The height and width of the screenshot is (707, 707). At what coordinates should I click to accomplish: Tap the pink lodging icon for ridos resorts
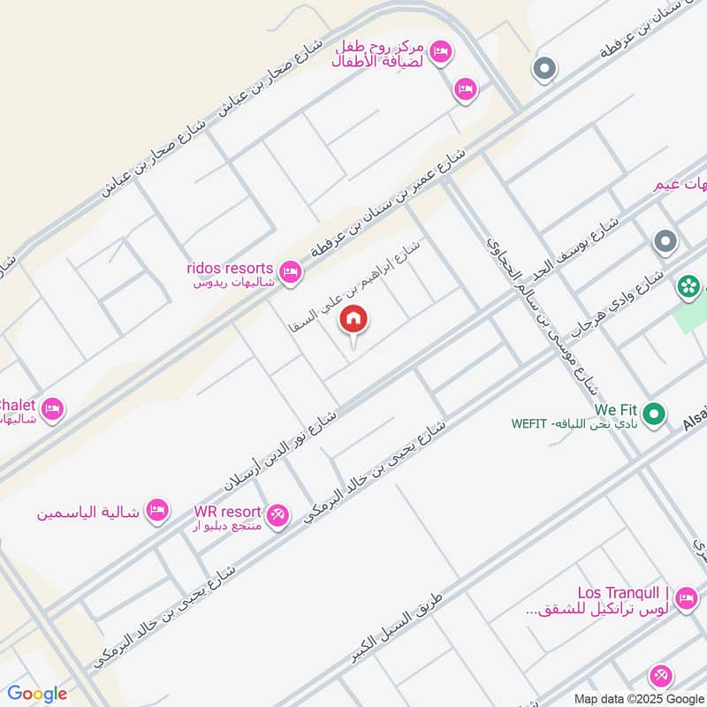click(288, 270)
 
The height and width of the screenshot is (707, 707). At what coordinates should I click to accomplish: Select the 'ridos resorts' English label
click(230, 268)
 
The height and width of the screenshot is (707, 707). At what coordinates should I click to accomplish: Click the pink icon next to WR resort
click(277, 513)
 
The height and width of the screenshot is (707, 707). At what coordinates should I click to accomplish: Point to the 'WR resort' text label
click(228, 512)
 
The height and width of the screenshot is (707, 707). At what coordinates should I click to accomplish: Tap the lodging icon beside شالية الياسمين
click(157, 510)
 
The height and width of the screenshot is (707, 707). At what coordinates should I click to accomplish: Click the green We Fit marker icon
click(654, 413)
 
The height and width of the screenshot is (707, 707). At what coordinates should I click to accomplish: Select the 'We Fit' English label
click(616, 410)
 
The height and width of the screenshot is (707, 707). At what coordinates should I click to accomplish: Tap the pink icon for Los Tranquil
click(685, 600)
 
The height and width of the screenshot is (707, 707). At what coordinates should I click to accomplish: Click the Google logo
click(37, 694)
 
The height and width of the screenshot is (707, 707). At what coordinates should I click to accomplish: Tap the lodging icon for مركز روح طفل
click(443, 53)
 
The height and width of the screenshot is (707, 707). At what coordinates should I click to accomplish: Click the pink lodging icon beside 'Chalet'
click(52, 409)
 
